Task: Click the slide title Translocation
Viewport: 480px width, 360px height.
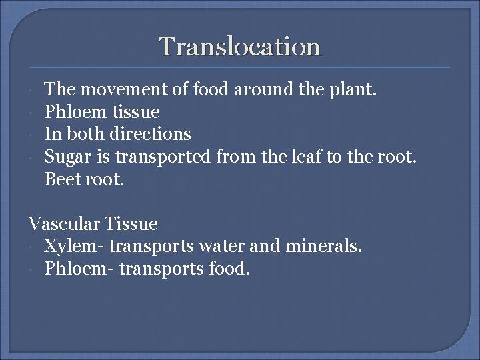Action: pos(240,47)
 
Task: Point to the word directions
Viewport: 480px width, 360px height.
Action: pos(150,134)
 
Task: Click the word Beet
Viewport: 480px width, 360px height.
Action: pos(61,179)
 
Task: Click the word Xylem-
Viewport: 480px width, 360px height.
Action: pos(74,247)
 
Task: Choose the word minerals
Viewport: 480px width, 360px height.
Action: pos(323,247)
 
